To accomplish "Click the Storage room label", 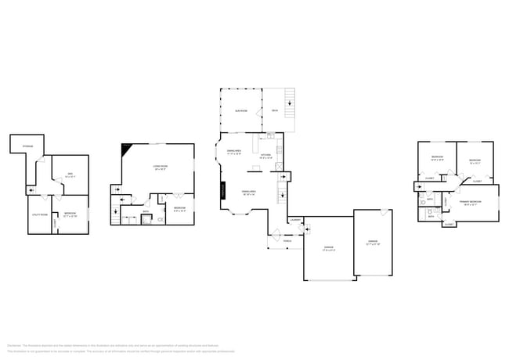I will pyautogui.click(x=27, y=146).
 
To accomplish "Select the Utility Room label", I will pyautogui.click(x=39, y=214).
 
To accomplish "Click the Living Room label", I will pyautogui.click(x=160, y=167).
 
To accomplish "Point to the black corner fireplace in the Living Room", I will pyautogui.click(x=125, y=149).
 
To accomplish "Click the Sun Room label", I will pyautogui.click(x=241, y=111).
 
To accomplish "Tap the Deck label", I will pyautogui.click(x=275, y=111).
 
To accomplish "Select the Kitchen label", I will pyautogui.click(x=266, y=156).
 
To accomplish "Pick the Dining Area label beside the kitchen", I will pyautogui.click(x=233, y=150).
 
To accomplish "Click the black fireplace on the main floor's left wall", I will pyautogui.click(x=222, y=190).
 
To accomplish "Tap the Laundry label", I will pyautogui.click(x=295, y=220).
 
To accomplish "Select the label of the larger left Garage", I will pyautogui.click(x=329, y=249).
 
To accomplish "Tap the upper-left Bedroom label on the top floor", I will pyautogui.click(x=437, y=158).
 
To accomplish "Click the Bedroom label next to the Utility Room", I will pyautogui.click(x=70, y=214).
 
